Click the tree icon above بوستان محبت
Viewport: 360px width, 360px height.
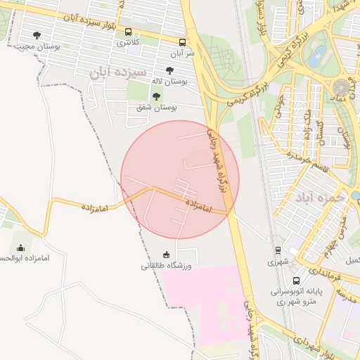(x=37, y=34)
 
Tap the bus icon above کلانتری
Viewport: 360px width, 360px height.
(x=128, y=32)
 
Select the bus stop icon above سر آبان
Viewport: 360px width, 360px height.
(x=183, y=41)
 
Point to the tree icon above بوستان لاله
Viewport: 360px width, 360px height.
(x=169, y=70)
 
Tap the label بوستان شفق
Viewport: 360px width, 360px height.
(x=156, y=108)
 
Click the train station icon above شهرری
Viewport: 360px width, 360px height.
(x=278, y=250)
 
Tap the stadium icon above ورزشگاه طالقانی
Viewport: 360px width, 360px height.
(x=166, y=255)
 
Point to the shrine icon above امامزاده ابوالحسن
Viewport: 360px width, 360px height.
(x=20, y=247)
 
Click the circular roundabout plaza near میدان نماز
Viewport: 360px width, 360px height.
(x=342, y=88)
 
